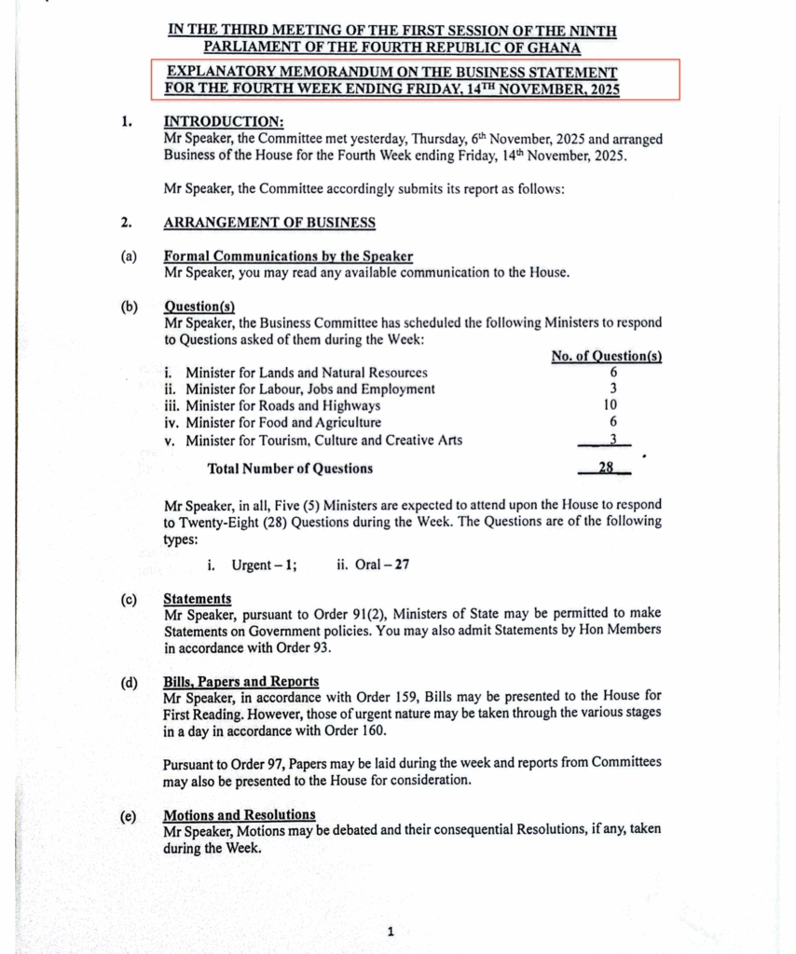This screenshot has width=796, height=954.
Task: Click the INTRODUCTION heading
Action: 224,122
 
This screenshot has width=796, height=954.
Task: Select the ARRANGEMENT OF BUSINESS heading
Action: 269,223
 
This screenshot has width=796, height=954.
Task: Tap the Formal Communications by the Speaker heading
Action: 288,256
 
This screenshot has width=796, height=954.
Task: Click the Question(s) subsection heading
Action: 199,307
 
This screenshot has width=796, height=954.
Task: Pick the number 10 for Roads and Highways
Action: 612,405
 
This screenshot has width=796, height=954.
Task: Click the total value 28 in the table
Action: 605,468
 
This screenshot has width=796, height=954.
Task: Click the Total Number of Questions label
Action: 290,469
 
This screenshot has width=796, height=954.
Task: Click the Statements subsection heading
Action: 198,598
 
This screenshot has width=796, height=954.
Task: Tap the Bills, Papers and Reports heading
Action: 240,681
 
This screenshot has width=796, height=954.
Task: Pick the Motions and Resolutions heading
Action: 239,814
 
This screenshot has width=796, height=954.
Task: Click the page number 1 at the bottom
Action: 391,931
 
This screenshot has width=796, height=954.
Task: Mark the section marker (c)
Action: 130,599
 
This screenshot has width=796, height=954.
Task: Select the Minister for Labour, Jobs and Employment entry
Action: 309,389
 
